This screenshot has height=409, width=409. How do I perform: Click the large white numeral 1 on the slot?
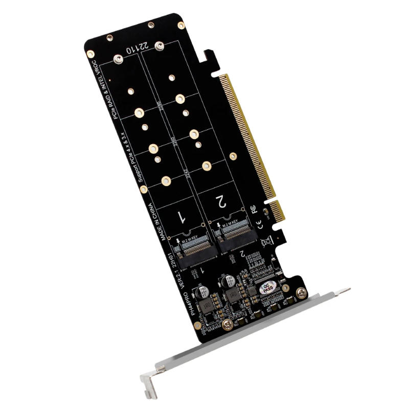[x=180, y=216]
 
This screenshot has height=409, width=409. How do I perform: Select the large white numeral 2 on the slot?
[x=220, y=201]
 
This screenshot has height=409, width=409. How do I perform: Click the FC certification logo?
[x=252, y=210]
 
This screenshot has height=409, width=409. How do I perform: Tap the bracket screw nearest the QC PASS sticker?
[x=304, y=292]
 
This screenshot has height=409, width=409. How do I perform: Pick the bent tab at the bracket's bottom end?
[x=147, y=383]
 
